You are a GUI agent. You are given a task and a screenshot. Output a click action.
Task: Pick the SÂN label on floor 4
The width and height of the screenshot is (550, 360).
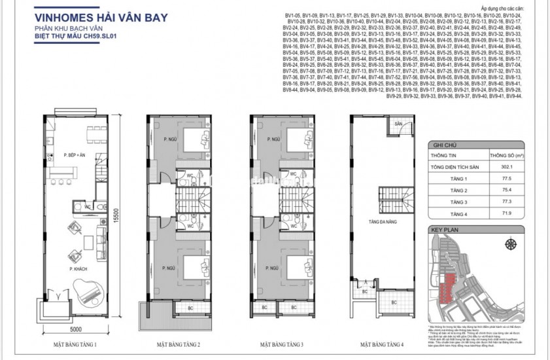[397, 124]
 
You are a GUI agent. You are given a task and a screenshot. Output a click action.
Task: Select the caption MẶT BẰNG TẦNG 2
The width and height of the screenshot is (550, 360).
[176, 343]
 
